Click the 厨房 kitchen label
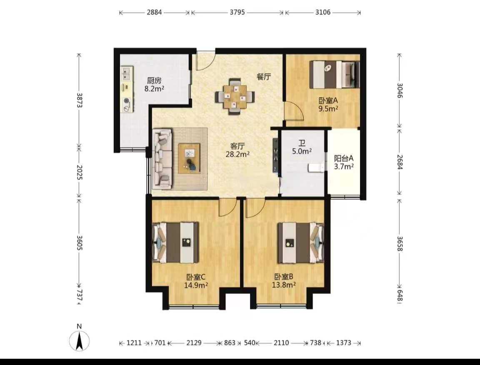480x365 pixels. click(x=154, y=80)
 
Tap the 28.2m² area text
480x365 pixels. click(x=237, y=154)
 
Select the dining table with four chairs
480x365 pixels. click(x=235, y=97)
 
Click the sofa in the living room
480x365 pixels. click(x=162, y=158)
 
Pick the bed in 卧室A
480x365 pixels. click(x=334, y=75)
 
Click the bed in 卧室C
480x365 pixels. click(x=175, y=242)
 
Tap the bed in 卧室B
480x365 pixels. click(x=300, y=242)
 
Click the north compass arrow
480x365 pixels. click(x=79, y=341)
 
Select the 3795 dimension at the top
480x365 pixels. click(x=237, y=12)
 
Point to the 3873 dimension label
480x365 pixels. click(x=79, y=100)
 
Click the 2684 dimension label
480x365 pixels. click(x=400, y=162)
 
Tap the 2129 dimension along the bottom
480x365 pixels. click(x=194, y=342)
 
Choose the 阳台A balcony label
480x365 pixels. click(x=343, y=158)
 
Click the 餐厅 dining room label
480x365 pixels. click(x=264, y=77)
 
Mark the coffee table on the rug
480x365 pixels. click(x=189, y=158)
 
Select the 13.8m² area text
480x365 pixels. click(x=284, y=285)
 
